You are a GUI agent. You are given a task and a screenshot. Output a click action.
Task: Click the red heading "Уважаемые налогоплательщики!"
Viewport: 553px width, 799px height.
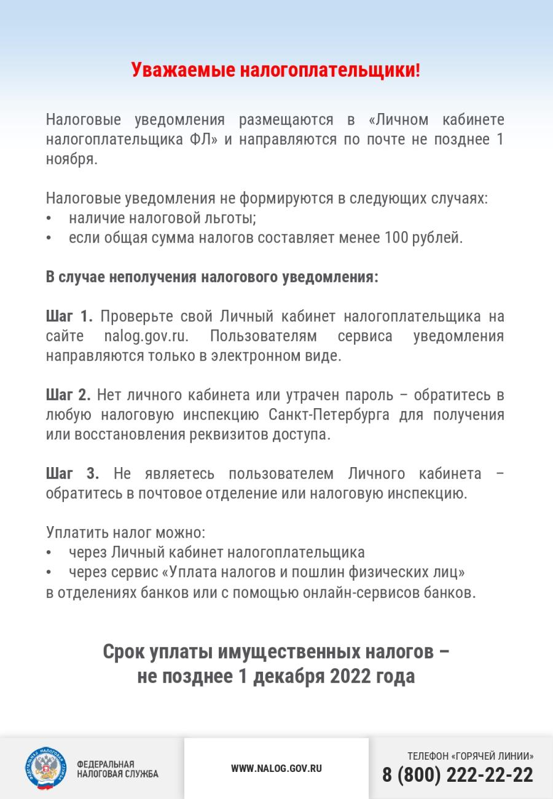click(276, 70)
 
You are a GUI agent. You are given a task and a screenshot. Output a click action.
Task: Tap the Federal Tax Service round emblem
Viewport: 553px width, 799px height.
click(45, 768)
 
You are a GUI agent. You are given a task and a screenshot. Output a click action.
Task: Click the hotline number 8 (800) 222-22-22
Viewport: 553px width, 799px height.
click(458, 775)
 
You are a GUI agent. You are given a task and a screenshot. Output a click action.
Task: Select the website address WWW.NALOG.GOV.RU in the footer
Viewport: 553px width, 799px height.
click(276, 768)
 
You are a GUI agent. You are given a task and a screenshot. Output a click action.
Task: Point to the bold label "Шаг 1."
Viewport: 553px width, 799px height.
click(69, 317)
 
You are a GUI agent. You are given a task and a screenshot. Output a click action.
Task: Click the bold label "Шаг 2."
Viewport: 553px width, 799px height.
click(68, 395)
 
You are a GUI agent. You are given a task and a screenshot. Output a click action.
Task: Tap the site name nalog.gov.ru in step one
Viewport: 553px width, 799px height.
click(146, 337)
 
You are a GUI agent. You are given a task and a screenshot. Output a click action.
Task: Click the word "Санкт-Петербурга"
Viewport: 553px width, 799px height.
click(329, 415)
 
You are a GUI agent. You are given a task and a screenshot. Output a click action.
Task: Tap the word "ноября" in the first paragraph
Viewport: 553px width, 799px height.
click(71, 159)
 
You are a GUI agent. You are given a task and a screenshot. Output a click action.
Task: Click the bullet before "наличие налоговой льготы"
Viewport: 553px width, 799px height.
click(49, 219)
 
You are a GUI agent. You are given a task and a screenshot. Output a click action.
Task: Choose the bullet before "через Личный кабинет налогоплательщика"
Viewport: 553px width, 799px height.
click(49, 553)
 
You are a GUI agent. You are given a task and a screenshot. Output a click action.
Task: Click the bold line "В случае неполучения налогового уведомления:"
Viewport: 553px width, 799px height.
click(212, 277)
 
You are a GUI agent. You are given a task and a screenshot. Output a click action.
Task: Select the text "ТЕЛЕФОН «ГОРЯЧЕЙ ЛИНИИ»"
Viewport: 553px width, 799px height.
click(470, 757)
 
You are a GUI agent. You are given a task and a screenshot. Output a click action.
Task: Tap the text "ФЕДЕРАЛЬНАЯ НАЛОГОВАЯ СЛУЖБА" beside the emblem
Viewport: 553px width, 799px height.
click(117, 769)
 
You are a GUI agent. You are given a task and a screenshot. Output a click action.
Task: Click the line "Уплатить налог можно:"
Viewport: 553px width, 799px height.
click(125, 532)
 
